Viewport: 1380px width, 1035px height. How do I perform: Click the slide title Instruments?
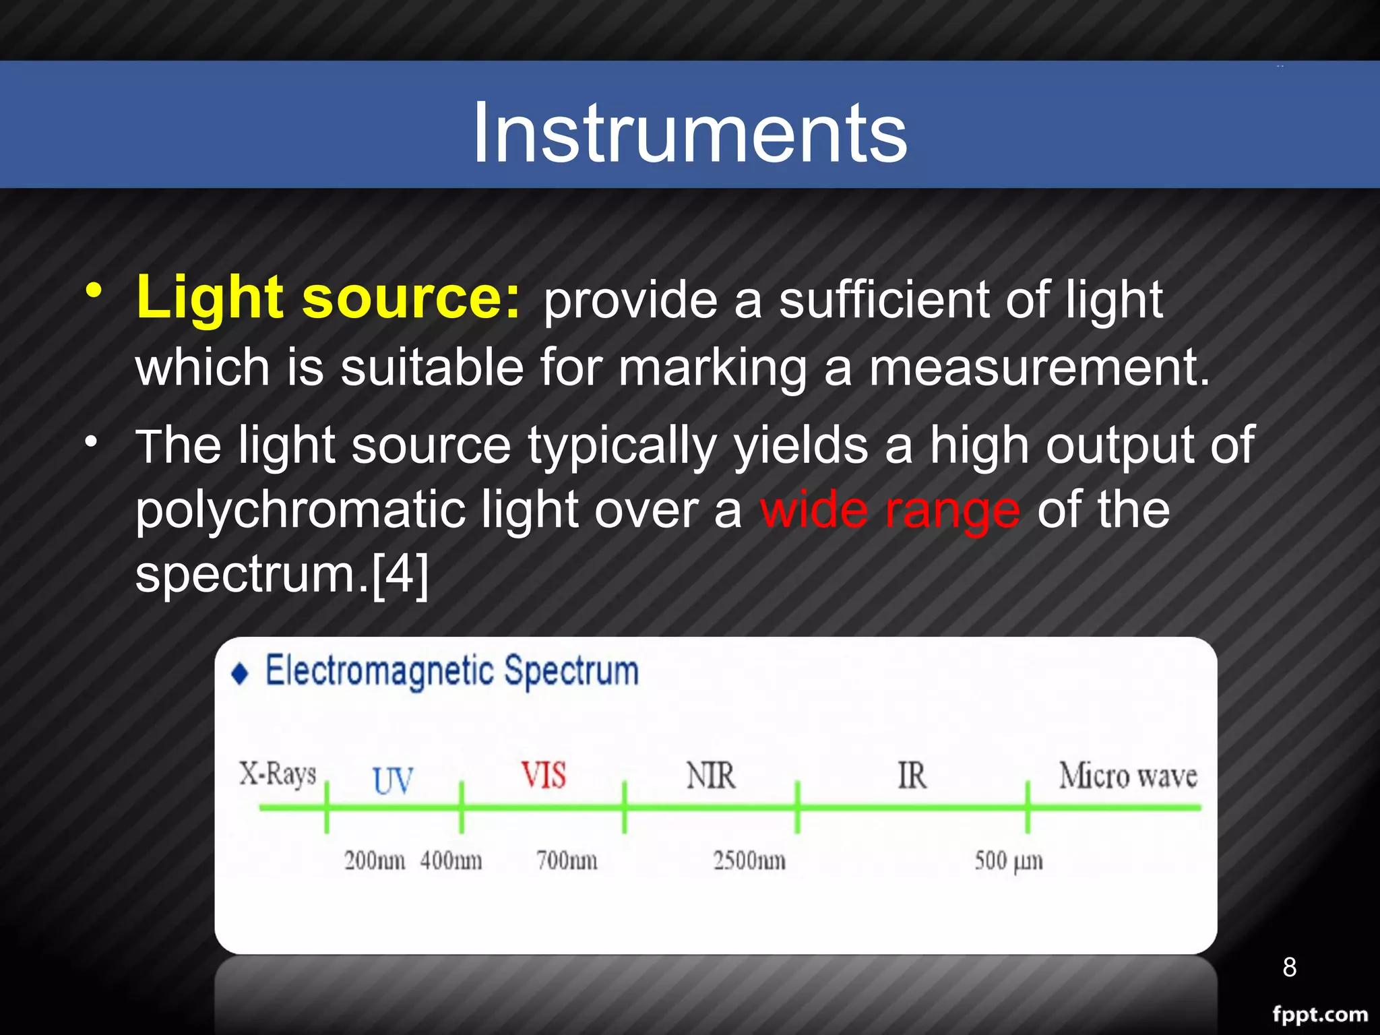pos(689,133)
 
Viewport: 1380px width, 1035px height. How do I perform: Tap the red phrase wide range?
pos(889,510)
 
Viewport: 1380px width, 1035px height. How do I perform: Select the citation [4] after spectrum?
pos(400,574)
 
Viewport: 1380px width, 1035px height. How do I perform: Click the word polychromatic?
pos(300,510)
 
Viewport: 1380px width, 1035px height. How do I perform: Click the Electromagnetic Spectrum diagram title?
pos(451,671)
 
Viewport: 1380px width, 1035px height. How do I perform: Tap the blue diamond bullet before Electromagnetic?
pos(240,673)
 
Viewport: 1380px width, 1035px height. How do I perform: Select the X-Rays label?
pos(278,774)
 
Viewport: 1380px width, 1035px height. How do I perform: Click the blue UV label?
pos(393,780)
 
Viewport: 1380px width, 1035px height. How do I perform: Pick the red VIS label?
pos(543,775)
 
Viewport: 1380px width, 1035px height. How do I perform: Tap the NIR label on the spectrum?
pos(711,776)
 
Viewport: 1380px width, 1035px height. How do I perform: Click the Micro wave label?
pos(1128,776)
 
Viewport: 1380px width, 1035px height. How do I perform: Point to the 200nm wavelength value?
pos(375,860)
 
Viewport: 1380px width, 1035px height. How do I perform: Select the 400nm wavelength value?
pos(451,860)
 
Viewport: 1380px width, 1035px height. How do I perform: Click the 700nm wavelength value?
pos(567,860)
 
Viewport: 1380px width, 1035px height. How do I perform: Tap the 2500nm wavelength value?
pos(749,860)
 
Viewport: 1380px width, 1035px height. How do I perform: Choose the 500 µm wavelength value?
pos(1008,860)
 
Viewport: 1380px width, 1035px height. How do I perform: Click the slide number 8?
pos(1289,967)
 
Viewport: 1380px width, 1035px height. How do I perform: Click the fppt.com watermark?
pos(1319,1014)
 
